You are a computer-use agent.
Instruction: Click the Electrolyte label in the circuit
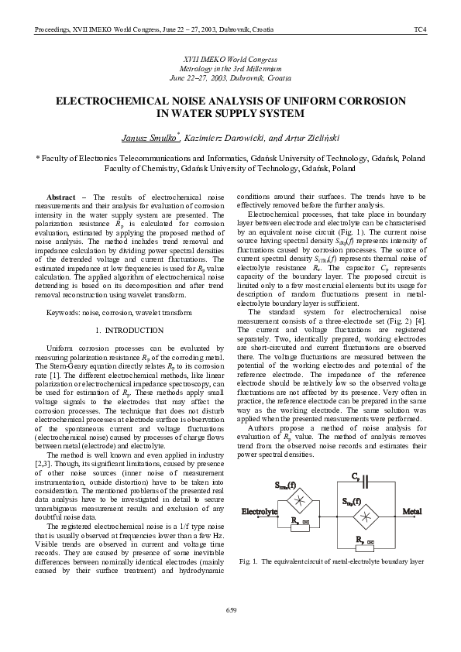tap(260, 512)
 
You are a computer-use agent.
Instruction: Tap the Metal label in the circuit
tap(411, 512)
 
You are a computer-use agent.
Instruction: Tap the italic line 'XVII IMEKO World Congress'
tap(230, 60)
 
